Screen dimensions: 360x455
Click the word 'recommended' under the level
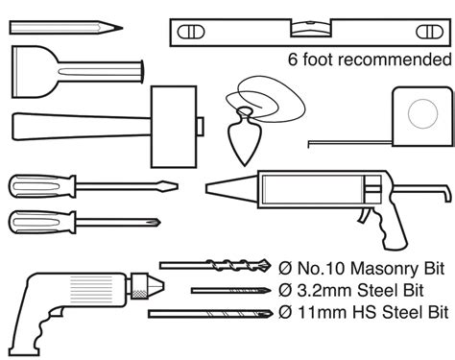tap(392, 59)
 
